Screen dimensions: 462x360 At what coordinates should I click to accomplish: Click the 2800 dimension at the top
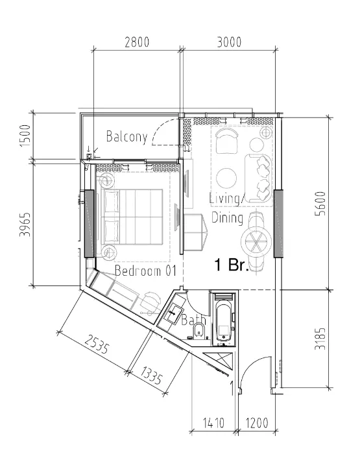(137, 42)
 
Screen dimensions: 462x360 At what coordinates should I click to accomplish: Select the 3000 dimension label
(228, 42)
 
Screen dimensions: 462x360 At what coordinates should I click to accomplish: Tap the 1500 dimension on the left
(25, 137)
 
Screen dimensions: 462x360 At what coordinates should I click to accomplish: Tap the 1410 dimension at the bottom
(214, 424)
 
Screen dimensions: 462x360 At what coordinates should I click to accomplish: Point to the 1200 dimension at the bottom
(257, 424)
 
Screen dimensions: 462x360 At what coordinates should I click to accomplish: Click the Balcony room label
(127, 137)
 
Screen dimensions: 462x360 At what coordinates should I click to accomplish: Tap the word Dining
(227, 218)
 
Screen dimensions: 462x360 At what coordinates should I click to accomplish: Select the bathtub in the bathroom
(223, 319)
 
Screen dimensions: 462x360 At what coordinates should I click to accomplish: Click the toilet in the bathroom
(200, 333)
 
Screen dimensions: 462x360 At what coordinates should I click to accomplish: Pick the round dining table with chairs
(257, 241)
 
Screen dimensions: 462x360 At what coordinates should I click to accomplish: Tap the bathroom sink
(173, 313)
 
